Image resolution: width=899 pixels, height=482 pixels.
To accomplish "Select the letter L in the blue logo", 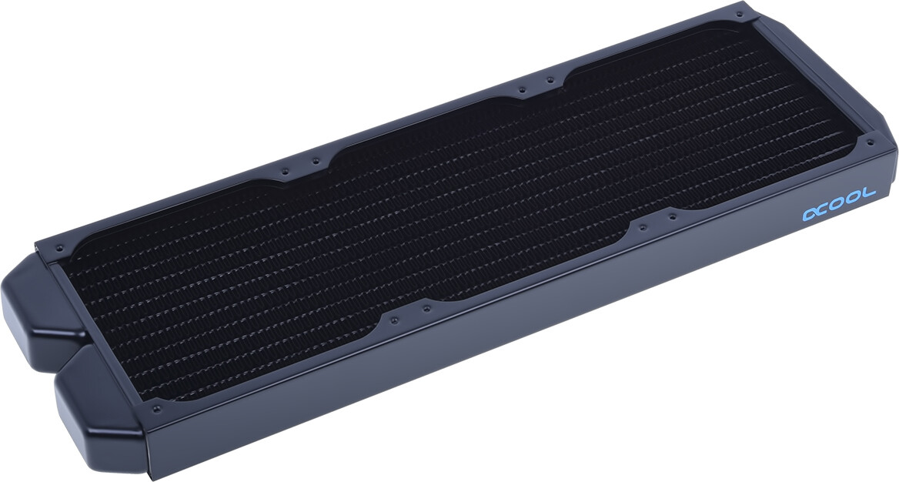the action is click(869, 192).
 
